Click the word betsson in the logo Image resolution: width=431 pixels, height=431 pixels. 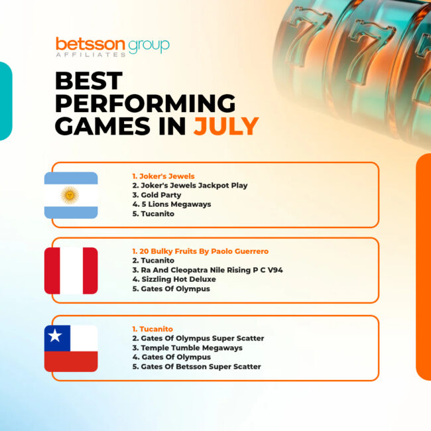tap(90, 44)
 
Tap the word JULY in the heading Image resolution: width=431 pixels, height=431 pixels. tap(226, 126)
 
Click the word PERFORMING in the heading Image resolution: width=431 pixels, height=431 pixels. tap(145, 103)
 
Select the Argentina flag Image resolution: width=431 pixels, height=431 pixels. tap(71, 195)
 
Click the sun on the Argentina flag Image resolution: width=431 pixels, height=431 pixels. tap(70, 195)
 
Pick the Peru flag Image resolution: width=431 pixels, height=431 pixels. tap(71, 271)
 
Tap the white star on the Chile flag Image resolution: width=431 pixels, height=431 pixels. tap(54, 336)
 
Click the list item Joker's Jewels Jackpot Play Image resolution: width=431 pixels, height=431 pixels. tap(190, 186)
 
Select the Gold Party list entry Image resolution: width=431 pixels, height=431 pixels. tap(156, 195)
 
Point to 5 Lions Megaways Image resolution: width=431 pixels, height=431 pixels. tap(172, 204)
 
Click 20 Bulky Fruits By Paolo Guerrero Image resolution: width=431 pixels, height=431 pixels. tap(200, 251)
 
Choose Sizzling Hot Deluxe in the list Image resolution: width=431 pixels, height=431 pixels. tap(174, 279)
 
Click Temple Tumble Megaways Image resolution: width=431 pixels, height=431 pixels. tap(188, 347)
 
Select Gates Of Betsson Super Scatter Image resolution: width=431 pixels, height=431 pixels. tap(196, 367)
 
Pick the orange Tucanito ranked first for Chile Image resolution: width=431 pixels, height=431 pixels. tap(153, 329)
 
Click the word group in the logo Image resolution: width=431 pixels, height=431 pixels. tap(149, 46)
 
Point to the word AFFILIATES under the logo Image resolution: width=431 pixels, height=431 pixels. tap(91, 54)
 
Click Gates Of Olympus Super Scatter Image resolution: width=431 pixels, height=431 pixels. tap(198, 338)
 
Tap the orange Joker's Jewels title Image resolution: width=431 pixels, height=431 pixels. tap(163, 176)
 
